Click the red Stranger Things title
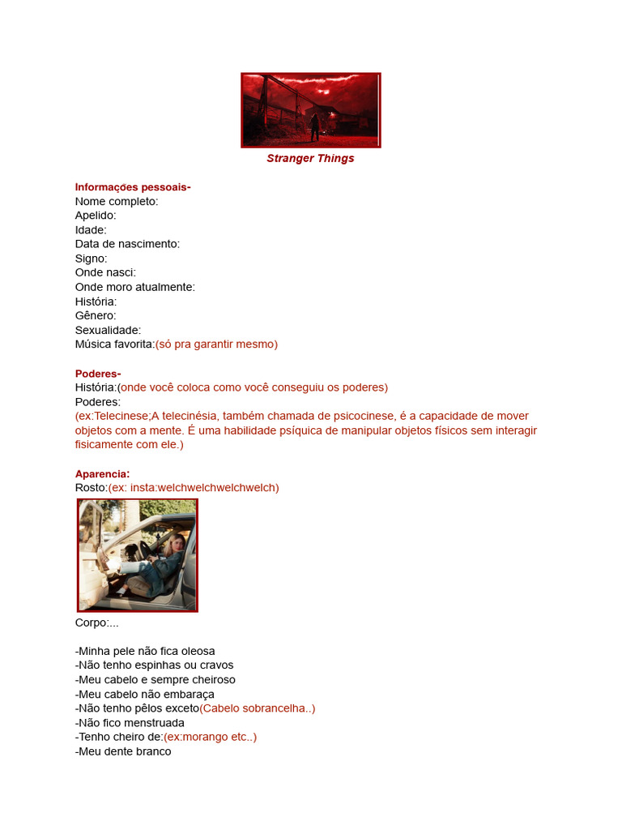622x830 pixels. tap(310, 158)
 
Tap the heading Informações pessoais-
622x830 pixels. tap(133, 187)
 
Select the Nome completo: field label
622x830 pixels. tap(117, 201)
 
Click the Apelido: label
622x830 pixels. tap(96, 216)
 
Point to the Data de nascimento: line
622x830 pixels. tap(127, 244)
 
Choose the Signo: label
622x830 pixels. tap(92, 259)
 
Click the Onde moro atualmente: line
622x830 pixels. tap(135, 287)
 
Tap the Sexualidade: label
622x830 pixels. tap(108, 330)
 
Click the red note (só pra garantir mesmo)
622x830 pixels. tap(216, 344)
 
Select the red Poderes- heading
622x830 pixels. tap(98, 373)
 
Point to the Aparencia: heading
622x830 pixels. tap(102, 473)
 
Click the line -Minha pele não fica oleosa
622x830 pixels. tap(145, 651)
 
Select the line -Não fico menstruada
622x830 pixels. tap(130, 722)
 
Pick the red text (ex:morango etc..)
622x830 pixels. tap(210, 737)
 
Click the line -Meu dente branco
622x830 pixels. tap(123, 751)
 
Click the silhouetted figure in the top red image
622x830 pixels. tap(313, 126)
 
